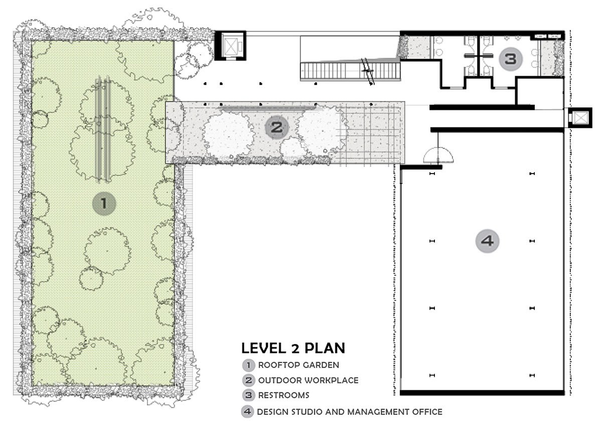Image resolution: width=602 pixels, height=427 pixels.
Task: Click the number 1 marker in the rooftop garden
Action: [104, 203]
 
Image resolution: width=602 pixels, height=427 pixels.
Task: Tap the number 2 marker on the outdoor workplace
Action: [277, 127]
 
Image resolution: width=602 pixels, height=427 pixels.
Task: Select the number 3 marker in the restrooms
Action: [511, 59]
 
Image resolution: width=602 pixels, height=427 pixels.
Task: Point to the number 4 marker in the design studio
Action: [487, 241]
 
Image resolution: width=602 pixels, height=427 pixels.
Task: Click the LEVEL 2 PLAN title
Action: [293, 348]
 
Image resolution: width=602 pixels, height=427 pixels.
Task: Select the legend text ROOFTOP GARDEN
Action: [298, 365]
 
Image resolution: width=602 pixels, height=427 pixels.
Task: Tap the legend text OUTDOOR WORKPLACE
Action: [308, 380]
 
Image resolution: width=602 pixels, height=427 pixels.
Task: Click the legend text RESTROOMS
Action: [284, 395]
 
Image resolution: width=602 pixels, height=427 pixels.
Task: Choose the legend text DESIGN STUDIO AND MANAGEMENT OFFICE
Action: [350, 412]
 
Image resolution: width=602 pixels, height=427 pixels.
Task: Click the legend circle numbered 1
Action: [249, 365]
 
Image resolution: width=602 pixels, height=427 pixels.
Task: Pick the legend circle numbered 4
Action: [247, 411]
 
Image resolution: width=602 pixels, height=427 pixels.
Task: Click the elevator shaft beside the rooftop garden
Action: [230, 46]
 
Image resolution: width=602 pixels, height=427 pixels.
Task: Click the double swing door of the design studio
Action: [438, 156]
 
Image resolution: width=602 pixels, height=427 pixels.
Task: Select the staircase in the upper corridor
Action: [350, 71]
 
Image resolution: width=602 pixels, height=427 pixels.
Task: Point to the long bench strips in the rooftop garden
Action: [103, 129]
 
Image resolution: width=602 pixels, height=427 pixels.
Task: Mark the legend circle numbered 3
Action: [249, 395]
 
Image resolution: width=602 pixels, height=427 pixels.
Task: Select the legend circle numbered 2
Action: [249, 380]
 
